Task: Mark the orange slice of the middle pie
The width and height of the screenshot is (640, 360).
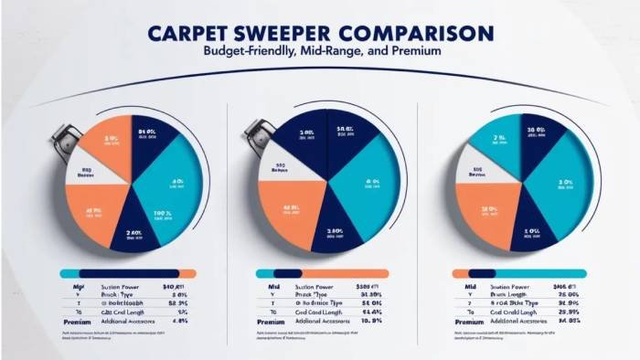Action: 291,213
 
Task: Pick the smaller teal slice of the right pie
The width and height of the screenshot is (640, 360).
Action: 498,137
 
